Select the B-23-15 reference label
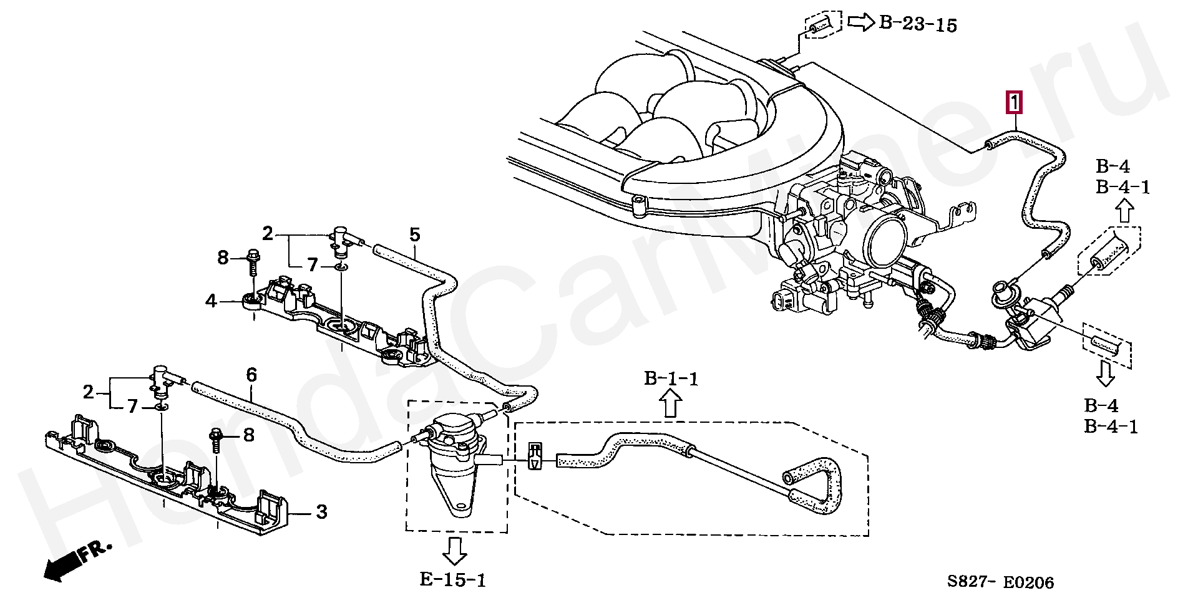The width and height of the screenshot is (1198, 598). point(918,24)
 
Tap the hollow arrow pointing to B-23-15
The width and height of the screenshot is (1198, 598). point(860,23)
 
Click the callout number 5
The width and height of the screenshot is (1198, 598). point(415,235)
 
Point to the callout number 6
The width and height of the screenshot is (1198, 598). point(251,375)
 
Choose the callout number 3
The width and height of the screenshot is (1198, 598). point(321,513)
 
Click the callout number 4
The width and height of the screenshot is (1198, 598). point(211,302)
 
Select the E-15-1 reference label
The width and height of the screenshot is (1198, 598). point(452,580)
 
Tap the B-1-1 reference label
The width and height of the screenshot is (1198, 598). point(671,379)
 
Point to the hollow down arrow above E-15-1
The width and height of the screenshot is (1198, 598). point(454,550)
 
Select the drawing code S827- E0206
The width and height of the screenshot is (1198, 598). point(1000,582)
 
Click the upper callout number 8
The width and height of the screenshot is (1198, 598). point(223,257)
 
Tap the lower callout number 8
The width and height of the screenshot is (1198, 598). point(249,435)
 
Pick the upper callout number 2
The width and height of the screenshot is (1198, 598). point(268,234)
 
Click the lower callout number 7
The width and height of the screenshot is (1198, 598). point(132,407)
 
